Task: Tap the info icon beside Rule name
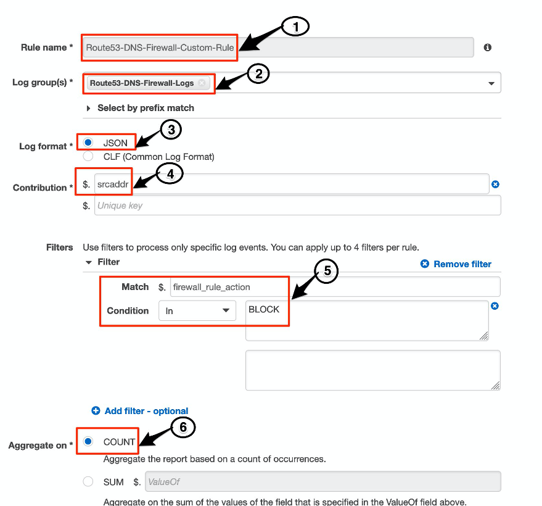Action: pyautogui.click(x=488, y=48)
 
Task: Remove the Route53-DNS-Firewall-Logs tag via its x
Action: pyautogui.click(x=202, y=83)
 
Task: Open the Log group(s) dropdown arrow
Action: pyautogui.click(x=491, y=83)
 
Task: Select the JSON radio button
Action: pyautogui.click(x=88, y=143)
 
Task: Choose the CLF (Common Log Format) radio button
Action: pyautogui.click(x=88, y=157)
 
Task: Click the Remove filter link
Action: pyautogui.click(x=456, y=264)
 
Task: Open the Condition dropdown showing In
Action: pyautogui.click(x=197, y=311)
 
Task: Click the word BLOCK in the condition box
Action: pyautogui.click(x=264, y=310)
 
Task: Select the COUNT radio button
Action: pyautogui.click(x=88, y=442)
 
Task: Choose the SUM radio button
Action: pyautogui.click(x=88, y=482)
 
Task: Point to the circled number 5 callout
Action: pyautogui.click(x=327, y=271)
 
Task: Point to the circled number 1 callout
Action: pyautogui.click(x=295, y=27)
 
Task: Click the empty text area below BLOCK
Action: pyautogui.click(x=372, y=370)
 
